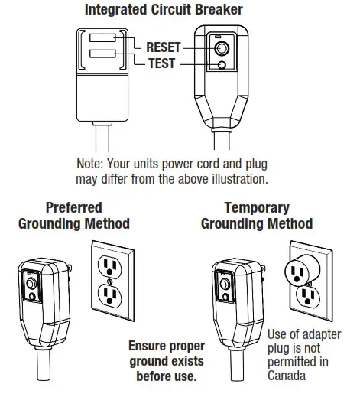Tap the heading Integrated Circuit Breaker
pyautogui.click(x=174, y=11)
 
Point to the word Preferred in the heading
pyautogui.click(x=73, y=207)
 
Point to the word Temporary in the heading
pyautogui.click(x=257, y=207)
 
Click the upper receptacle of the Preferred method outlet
pyautogui.click(x=112, y=265)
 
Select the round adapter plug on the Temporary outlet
pyautogui.click(x=300, y=268)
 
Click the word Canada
pyautogui.click(x=287, y=376)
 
